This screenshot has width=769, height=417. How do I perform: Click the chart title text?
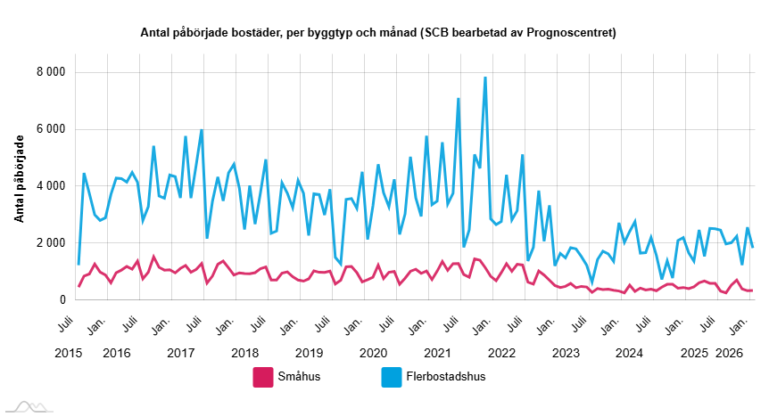[x=378, y=33]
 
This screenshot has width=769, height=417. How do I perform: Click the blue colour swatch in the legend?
[x=390, y=377]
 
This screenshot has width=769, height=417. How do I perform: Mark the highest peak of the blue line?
[x=485, y=78]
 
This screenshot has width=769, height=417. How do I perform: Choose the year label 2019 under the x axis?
[x=309, y=353]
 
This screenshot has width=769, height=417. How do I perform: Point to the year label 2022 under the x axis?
[x=501, y=353]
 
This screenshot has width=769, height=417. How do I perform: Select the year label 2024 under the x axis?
[x=630, y=353]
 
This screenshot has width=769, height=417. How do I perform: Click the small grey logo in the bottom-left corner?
[x=27, y=405]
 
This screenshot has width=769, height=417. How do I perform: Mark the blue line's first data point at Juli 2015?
[x=79, y=264]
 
